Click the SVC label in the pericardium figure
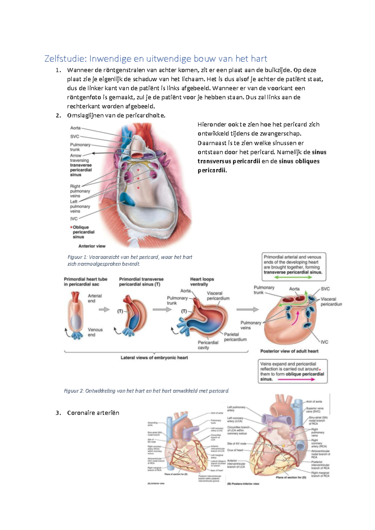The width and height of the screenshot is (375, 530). tap(75, 137)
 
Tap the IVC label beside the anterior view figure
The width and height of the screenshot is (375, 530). tap(74, 219)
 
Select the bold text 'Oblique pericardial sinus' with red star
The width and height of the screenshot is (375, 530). tap(82, 232)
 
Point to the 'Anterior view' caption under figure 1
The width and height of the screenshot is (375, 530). tap(92, 246)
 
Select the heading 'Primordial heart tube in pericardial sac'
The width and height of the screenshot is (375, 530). tap(85, 282)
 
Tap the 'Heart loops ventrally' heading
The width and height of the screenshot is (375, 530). tap(202, 282)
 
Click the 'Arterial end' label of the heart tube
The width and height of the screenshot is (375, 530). tap(94, 298)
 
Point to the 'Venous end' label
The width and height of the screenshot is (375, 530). tap(95, 332)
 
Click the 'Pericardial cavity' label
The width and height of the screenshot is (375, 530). tap(208, 345)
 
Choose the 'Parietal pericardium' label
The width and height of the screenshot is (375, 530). tap(235, 337)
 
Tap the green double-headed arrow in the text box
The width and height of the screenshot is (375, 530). tap(293, 277)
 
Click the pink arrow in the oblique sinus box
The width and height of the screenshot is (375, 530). tap(296, 379)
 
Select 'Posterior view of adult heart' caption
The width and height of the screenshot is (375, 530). tap(289, 351)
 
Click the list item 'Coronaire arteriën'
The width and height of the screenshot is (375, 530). tap(93, 413)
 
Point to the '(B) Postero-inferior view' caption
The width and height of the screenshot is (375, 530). tap(243, 484)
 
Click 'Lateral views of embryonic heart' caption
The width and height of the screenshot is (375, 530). tap(154, 358)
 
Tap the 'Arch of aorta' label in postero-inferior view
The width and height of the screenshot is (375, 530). tap(314, 402)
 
